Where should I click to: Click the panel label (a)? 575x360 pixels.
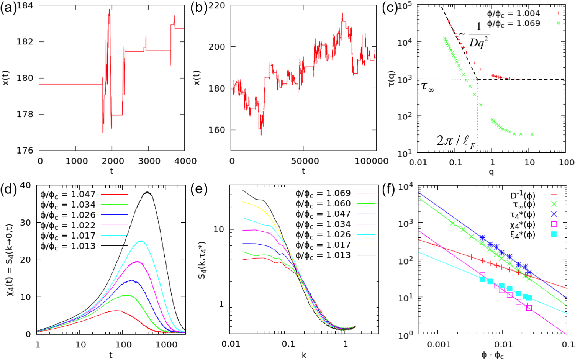click(x=8, y=8)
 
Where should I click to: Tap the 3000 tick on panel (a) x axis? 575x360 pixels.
click(x=149, y=161)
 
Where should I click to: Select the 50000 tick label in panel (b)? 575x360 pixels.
click(x=305, y=161)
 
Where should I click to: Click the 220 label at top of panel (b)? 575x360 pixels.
click(x=217, y=6)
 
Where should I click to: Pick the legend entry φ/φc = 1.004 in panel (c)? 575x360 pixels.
click(x=513, y=13)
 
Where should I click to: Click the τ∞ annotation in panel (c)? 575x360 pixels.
click(x=428, y=87)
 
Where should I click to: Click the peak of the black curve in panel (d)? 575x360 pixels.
click(x=147, y=193)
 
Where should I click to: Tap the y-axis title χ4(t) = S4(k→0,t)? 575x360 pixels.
click(x=10, y=260)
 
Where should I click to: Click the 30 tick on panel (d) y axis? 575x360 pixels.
click(x=25, y=223)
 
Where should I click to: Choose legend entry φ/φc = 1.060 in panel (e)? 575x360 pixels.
click(x=323, y=204)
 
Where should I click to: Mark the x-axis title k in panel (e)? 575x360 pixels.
click(x=304, y=355)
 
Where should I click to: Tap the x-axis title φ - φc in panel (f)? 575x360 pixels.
click(x=492, y=355)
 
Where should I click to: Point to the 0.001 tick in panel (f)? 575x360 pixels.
click(x=439, y=344)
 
